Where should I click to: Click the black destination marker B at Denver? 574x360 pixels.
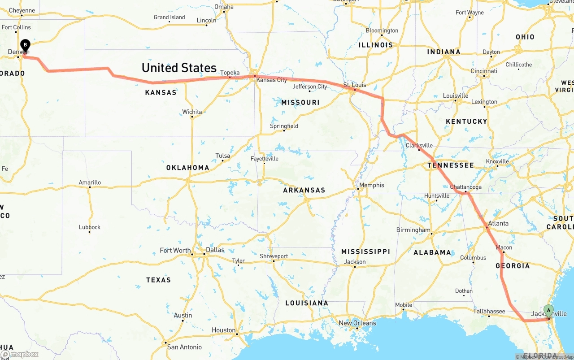tap(26, 45)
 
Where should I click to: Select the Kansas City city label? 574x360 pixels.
tap(271, 80)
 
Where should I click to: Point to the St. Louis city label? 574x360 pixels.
tap(355, 85)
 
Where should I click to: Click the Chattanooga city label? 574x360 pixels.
tap(465, 187)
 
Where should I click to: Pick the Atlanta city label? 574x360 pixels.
tap(498, 223)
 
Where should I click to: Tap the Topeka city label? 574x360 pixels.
tap(230, 73)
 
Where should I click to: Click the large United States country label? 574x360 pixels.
tap(179, 68)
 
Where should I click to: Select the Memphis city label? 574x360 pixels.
tap(371, 185)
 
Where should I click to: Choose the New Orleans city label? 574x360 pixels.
tap(357, 323)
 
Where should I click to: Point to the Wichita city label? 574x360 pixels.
tap(192, 112)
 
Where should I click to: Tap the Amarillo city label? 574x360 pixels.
tap(90, 182)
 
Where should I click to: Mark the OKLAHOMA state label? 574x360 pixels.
tap(187, 168)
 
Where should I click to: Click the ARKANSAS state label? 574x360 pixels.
tap(304, 190)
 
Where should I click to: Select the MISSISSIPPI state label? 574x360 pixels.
tap(365, 252)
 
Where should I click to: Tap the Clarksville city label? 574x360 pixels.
tap(419, 145)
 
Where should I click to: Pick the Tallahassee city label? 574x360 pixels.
tap(489, 311)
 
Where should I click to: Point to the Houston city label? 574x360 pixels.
tap(223, 330)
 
